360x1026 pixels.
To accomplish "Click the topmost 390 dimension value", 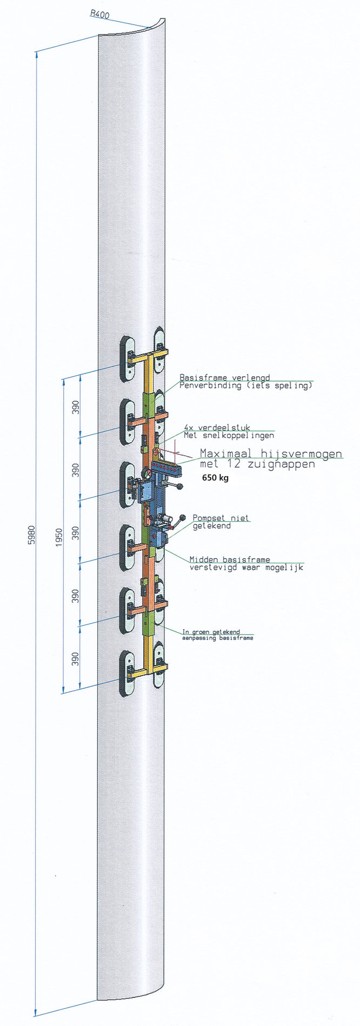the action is [76, 405].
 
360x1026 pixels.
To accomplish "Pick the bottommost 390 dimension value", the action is [76, 659].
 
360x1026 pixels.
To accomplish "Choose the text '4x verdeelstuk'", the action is [217, 427].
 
